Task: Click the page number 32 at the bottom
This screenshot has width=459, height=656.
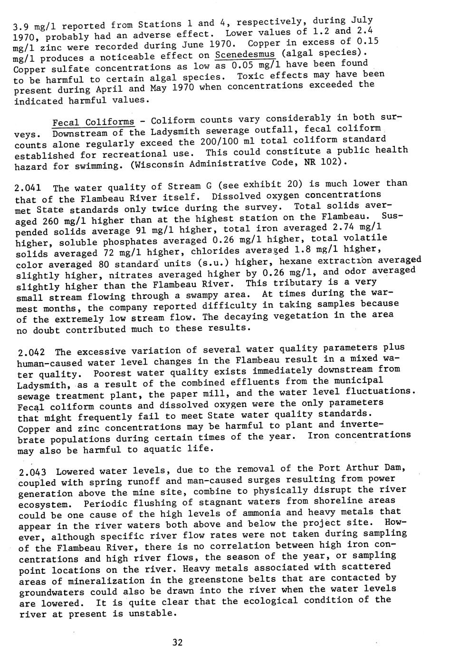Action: tap(177, 643)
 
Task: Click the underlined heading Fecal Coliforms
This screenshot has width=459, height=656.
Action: tap(93, 122)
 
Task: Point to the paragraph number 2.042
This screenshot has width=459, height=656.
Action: tap(31, 352)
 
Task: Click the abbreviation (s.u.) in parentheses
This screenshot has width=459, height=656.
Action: tap(209, 263)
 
